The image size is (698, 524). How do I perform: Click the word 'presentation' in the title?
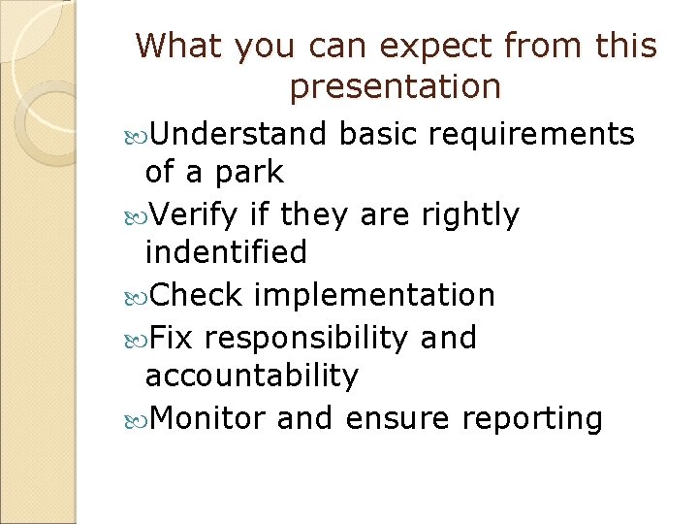click(x=396, y=88)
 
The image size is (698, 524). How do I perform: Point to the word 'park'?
click(x=249, y=174)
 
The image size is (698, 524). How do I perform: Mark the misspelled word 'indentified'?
click(x=225, y=253)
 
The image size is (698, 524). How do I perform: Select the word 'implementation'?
click(x=373, y=295)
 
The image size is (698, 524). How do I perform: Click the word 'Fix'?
click(x=174, y=338)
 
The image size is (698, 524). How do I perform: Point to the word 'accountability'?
click(x=251, y=377)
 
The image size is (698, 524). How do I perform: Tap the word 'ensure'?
click(x=398, y=418)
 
